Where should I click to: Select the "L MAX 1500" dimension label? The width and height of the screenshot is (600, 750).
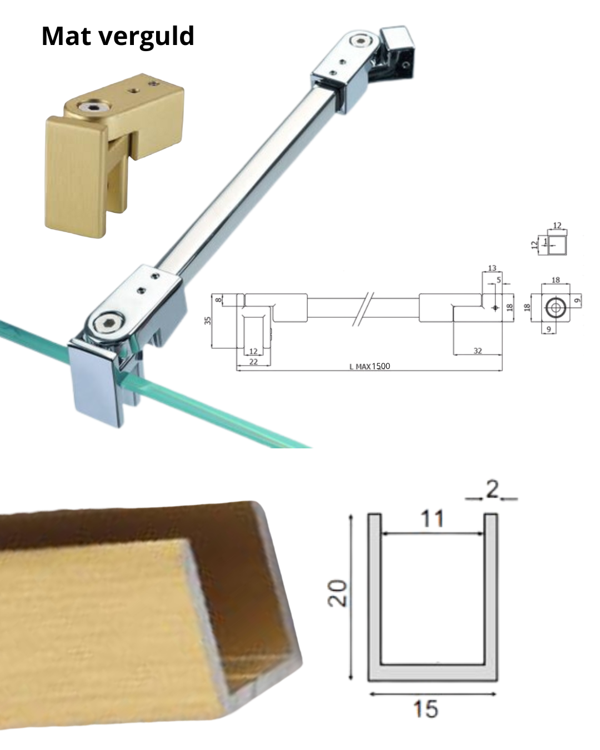(369, 366)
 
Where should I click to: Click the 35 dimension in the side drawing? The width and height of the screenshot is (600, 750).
(207, 321)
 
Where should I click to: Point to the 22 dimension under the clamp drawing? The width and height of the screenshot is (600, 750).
(253, 362)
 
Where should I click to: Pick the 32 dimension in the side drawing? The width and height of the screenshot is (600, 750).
(478, 351)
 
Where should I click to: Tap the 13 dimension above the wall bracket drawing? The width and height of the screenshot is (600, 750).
(492, 268)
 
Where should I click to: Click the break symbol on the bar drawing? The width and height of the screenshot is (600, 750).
(363, 309)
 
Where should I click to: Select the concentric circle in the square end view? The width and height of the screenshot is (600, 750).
(556, 308)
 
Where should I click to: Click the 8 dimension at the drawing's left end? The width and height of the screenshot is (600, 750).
(218, 299)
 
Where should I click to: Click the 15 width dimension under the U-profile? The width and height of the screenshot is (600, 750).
(426, 708)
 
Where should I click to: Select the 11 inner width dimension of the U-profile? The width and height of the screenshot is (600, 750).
(432, 518)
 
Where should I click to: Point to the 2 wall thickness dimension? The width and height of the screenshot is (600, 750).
(492, 489)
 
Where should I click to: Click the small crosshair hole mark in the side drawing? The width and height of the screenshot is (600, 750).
(496, 308)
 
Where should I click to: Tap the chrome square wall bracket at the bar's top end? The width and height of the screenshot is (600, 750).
(398, 52)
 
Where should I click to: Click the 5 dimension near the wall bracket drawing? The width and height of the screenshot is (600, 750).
(499, 280)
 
